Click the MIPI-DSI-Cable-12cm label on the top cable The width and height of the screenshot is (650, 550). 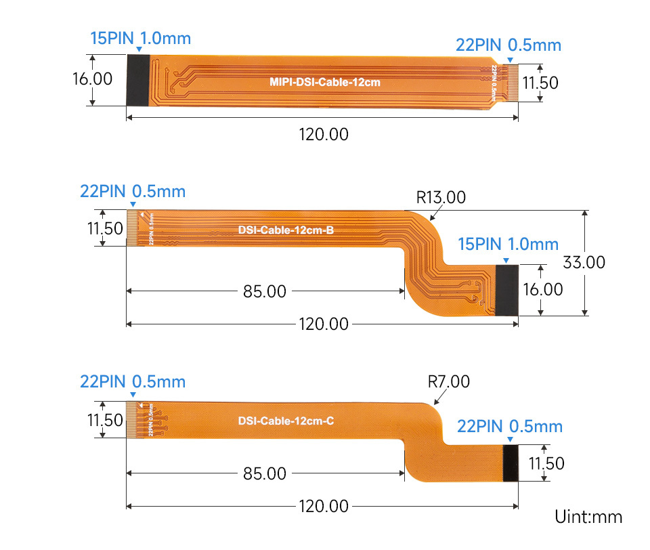coord(325,83)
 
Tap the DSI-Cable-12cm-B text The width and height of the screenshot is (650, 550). coord(286,230)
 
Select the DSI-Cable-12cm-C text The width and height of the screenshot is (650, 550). coord(286,421)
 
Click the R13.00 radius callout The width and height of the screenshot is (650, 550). coord(441,198)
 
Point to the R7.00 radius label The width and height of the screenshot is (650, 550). coord(449,382)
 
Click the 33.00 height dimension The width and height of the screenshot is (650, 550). coord(583,262)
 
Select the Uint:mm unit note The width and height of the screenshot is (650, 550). coord(588,517)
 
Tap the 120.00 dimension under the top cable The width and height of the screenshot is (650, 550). coord(324,134)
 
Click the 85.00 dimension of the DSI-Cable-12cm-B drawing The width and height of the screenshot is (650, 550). coord(264,292)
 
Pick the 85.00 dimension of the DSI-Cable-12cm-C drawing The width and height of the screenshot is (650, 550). coord(264,473)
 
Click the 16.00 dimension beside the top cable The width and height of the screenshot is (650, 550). coord(92,79)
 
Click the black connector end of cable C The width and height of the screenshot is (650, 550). coord(511,463)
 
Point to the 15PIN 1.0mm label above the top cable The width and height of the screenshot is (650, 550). coord(140,38)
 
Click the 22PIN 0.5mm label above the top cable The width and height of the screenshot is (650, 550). coord(508,45)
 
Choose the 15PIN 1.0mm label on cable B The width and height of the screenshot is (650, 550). coord(508,244)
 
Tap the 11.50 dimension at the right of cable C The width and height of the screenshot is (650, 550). coord(546,463)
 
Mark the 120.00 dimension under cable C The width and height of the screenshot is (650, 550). coord(324,506)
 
